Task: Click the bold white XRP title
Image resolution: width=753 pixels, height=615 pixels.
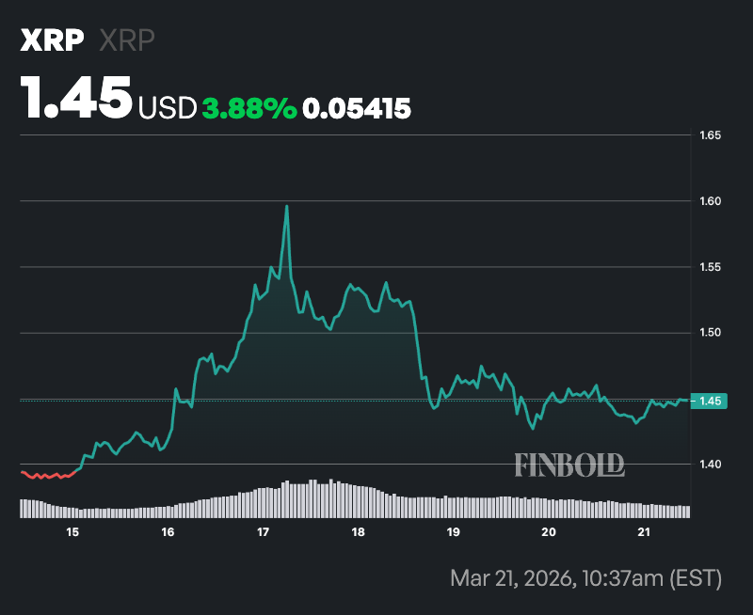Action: [x=53, y=40]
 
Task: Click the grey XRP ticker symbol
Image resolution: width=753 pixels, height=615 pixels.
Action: [x=127, y=40]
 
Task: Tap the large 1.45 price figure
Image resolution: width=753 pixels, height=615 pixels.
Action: [x=77, y=98]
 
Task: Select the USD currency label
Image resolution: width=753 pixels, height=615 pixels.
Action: [x=168, y=109]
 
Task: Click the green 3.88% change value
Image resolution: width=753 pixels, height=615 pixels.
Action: [x=249, y=109]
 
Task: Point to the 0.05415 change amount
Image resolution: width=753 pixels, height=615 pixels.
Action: [x=357, y=109]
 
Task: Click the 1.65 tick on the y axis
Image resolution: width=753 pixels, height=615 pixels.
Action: [x=711, y=135]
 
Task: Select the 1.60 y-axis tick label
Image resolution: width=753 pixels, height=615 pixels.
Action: [x=711, y=201]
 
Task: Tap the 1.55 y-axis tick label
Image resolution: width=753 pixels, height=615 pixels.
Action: [x=711, y=267]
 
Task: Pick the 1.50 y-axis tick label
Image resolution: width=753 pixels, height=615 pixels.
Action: [x=711, y=333]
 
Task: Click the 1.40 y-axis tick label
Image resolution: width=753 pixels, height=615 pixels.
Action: [x=711, y=465]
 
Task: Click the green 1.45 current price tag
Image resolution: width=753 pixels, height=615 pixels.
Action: [x=712, y=402]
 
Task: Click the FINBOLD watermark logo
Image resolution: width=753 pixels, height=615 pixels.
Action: [x=569, y=464]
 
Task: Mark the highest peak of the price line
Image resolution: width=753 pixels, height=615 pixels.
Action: [x=286, y=206]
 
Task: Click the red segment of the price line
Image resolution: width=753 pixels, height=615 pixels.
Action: [x=47, y=476]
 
